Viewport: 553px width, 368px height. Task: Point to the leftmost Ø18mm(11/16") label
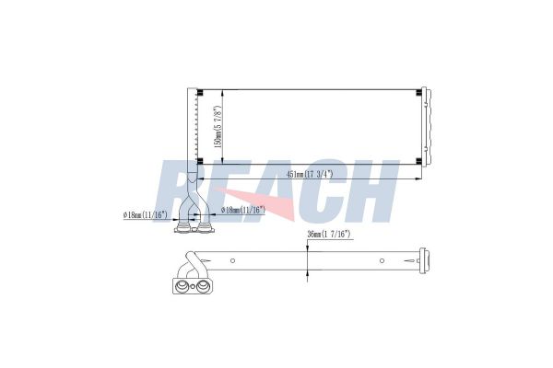click(145, 214)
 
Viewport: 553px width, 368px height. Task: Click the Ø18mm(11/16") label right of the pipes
click(243, 210)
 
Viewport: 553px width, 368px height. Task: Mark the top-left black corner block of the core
click(199, 90)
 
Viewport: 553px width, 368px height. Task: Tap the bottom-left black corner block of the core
click(199, 163)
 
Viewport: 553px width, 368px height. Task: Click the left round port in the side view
click(182, 287)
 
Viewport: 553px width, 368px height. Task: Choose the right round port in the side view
click(199, 287)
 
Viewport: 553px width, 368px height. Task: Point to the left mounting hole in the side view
click(232, 260)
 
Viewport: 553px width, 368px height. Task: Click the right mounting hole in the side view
click(380, 260)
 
